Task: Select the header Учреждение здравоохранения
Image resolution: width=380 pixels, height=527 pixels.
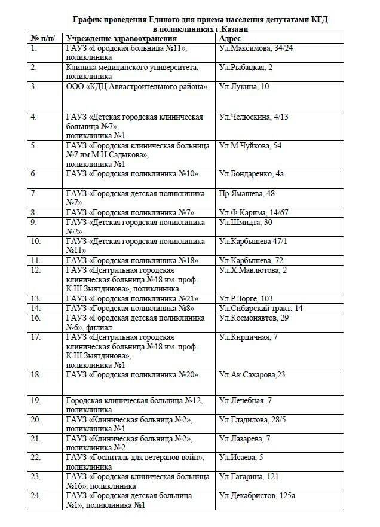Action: [x=117, y=38]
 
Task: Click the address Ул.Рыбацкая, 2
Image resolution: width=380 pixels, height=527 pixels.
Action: [x=246, y=68]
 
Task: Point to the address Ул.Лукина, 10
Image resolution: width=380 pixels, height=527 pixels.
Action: [x=244, y=87]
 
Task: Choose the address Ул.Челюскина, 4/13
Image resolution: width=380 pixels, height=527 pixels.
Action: [x=253, y=117]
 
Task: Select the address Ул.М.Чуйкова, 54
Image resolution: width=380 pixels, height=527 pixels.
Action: [x=250, y=145]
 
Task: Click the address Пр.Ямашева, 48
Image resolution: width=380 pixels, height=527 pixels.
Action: [x=247, y=193]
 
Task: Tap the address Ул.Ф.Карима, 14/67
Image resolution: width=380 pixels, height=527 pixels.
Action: [x=253, y=212]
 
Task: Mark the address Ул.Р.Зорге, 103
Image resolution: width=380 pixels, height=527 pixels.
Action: [x=246, y=298]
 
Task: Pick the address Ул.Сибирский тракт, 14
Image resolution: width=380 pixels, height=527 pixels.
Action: [x=261, y=308]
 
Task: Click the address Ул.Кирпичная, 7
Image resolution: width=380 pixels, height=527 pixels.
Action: [x=248, y=337]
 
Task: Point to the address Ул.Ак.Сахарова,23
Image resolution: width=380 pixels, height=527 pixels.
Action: [x=252, y=375]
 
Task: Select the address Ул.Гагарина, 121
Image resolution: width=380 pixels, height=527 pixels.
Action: [x=249, y=477]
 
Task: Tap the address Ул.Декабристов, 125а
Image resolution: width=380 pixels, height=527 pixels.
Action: [x=257, y=496]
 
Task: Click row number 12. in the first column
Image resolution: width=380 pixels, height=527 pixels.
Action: [x=36, y=270]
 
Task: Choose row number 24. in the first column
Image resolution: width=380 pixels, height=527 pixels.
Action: [x=36, y=496]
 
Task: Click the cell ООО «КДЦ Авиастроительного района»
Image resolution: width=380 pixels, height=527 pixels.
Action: [x=137, y=87]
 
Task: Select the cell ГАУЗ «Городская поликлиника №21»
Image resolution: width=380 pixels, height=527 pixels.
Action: [x=132, y=298]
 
